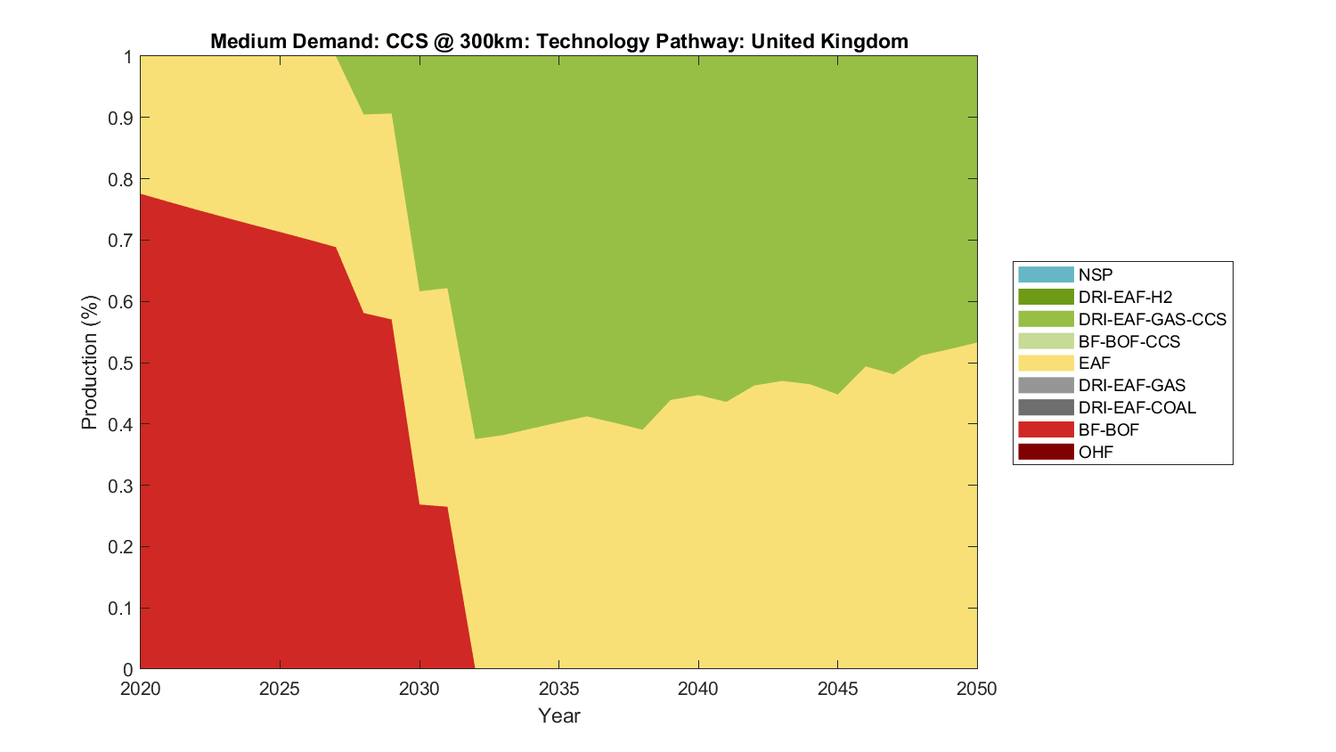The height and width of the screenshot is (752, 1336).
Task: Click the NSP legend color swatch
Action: (x=1046, y=274)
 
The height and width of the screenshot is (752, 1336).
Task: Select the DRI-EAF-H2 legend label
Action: (x=1125, y=297)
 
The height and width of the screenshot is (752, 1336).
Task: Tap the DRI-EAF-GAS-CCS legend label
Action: (x=1152, y=319)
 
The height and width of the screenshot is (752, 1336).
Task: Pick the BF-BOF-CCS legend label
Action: (x=1128, y=341)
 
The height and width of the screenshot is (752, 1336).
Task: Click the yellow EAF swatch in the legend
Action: (x=1046, y=363)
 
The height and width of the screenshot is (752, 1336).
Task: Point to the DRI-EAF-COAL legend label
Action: (x=1136, y=407)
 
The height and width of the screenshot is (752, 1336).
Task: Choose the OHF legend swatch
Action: (x=1046, y=452)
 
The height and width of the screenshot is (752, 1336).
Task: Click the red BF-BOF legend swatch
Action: (x=1046, y=429)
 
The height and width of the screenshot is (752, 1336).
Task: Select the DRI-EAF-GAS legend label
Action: (x=1131, y=385)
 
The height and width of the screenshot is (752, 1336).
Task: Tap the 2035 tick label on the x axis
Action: (x=558, y=689)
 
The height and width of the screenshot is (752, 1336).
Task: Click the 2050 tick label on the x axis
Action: (x=977, y=689)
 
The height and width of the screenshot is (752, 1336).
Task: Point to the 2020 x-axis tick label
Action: (x=141, y=689)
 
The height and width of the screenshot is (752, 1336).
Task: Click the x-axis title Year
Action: (x=558, y=715)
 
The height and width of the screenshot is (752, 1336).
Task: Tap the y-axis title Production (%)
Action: (x=89, y=363)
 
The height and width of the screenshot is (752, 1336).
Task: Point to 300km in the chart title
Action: (x=493, y=41)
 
